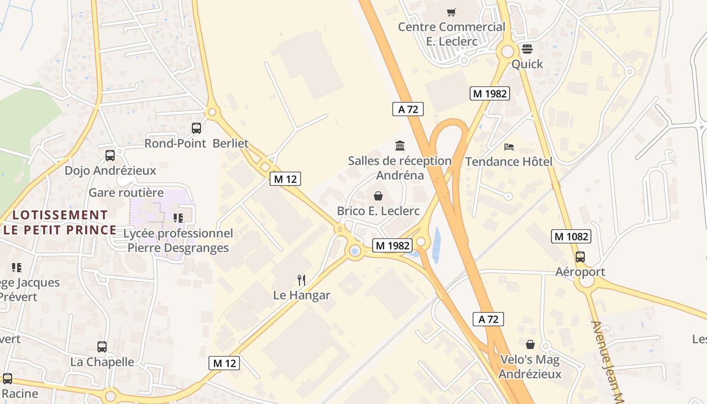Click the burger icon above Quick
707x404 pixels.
(x=527, y=49)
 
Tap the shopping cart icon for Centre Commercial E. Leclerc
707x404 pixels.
(x=451, y=12)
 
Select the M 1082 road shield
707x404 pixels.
(x=571, y=236)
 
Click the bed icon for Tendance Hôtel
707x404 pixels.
(x=509, y=147)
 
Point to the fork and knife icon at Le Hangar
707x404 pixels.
(x=301, y=280)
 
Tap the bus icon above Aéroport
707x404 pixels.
(x=580, y=257)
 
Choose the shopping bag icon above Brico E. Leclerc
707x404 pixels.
(x=378, y=196)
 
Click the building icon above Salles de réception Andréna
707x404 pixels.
(x=400, y=146)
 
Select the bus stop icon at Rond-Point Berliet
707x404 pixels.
(x=196, y=128)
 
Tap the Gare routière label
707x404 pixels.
(x=126, y=192)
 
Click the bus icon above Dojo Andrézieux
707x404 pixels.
(x=110, y=156)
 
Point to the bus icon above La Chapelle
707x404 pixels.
(x=102, y=347)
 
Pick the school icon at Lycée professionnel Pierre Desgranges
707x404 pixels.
(x=178, y=218)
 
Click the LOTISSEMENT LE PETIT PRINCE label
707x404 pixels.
(x=60, y=223)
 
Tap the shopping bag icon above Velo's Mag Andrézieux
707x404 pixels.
(x=530, y=344)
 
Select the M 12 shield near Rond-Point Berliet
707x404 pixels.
(x=285, y=178)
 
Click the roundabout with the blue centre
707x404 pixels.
(x=355, y=251)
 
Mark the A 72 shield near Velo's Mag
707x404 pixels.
(x=488, y=319)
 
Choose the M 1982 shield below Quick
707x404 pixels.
(x=489, y=93)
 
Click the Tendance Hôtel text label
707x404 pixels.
(x=509, y=162)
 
